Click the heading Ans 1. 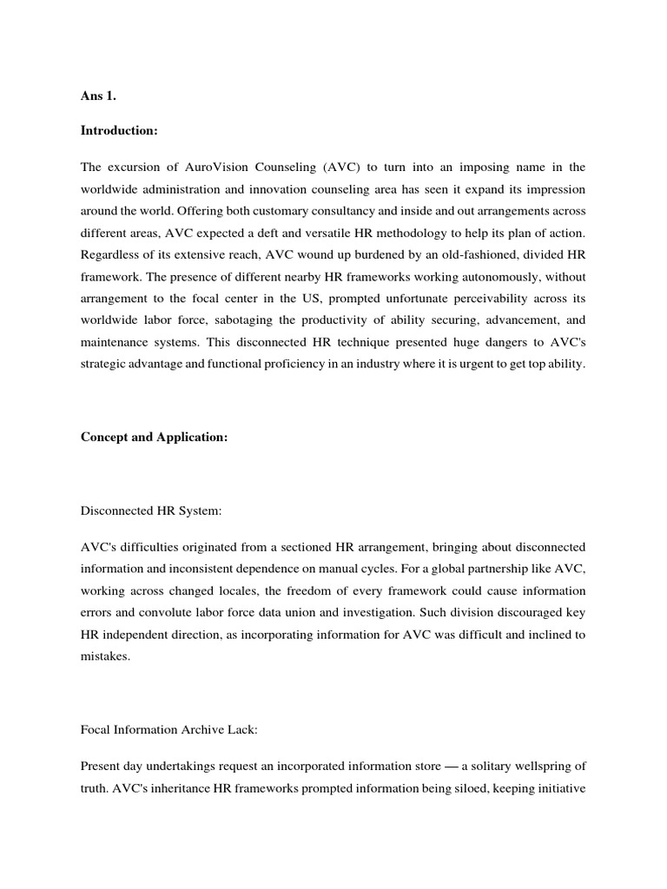pos(98,97)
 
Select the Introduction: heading pos(119,130)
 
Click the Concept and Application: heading pos(154,438)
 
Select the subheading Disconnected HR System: pos(151,512)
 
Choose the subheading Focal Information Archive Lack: pos(168,707)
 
